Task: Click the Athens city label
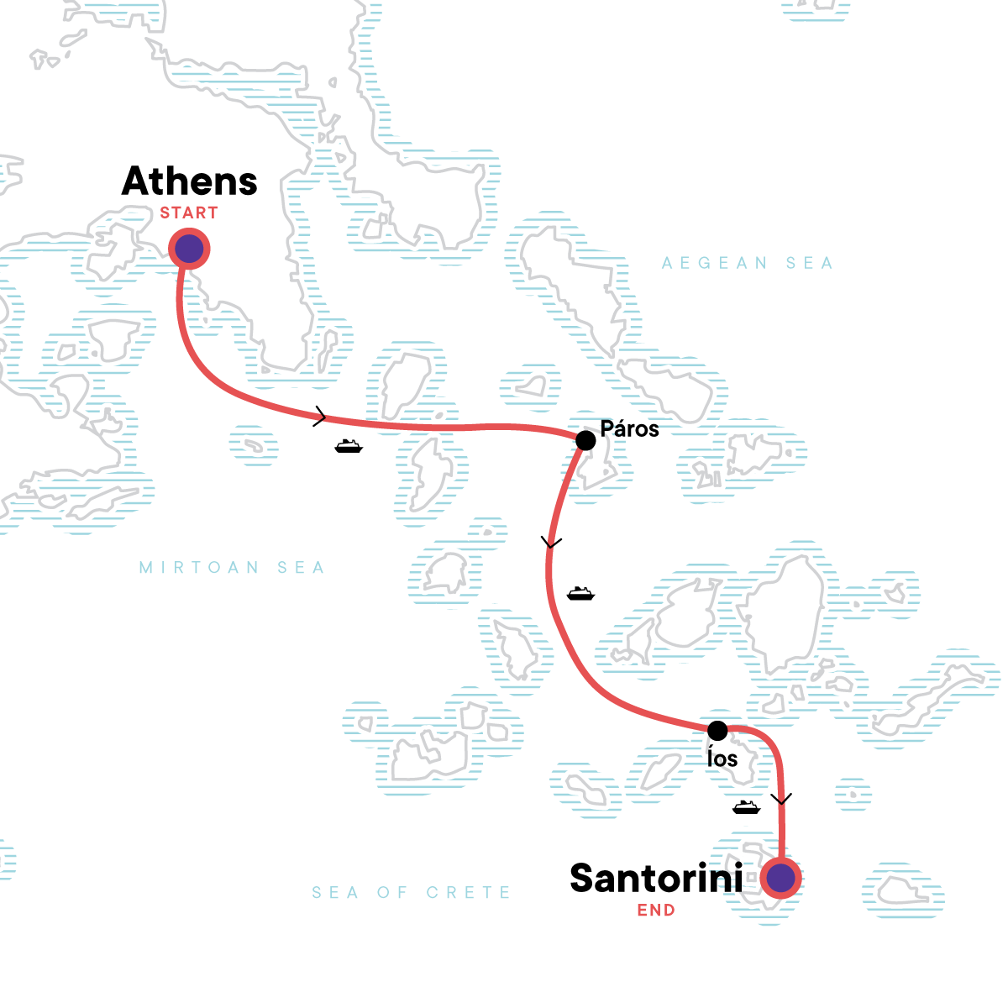point(189,181)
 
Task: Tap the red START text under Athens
point(189,213)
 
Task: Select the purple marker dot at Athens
point(189,249)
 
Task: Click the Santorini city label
point(656,879)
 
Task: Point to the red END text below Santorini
point(656,911)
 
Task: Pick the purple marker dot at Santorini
point(781,878)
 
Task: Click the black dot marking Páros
point(585,440)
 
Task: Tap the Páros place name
point(630,428)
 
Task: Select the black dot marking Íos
point(717,729)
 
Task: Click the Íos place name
point(722,759)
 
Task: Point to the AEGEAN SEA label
point(747,264)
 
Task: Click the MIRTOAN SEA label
point(232,568)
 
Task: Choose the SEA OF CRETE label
point(411,892)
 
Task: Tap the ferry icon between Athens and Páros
point(349,446)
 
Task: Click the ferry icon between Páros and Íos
point(580,594)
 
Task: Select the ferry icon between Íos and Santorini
point(746,807)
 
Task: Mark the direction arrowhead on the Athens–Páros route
point(320,416)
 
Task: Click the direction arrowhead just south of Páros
point(551,543)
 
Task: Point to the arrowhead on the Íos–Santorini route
point(782,799)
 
